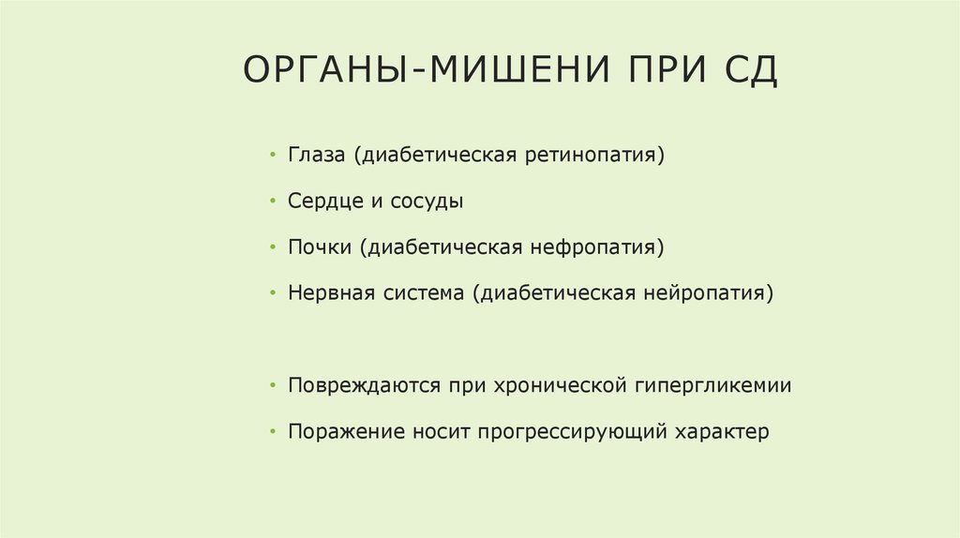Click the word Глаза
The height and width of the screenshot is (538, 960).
[x=318, y=154]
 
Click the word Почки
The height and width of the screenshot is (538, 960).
[x=319, y=247]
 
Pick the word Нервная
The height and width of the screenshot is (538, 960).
[x=331, y=293]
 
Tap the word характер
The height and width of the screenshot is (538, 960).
[x=722, y=432]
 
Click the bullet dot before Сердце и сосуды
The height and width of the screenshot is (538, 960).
[x=272, y=202]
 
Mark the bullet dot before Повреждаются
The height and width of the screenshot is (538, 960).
[x=272, y=386]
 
